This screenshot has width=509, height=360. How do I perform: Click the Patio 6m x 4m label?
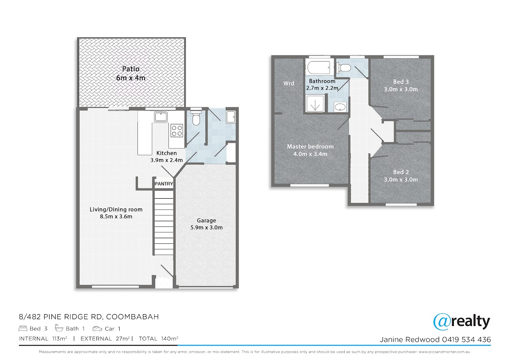coord(131,73)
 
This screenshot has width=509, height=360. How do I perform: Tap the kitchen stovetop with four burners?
coord(177,130)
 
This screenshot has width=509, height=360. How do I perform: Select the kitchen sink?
coord(161,117)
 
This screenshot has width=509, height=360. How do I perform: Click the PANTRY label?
coord(164,183)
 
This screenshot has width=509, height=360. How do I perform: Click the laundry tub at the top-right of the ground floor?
coord(231,117)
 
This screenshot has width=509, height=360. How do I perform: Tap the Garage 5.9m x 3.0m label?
coord(206,224)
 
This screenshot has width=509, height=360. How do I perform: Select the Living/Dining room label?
coord(116,213)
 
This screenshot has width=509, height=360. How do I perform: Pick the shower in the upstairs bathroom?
coord(315,104)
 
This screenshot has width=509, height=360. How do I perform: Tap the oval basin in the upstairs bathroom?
coord(340,107)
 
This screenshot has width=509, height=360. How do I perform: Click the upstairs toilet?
coord(344,67)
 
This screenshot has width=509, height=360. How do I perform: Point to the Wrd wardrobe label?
coord(288,84)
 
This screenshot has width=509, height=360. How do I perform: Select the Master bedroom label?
coord(310,150)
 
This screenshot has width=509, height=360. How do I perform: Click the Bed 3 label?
coord(401,85)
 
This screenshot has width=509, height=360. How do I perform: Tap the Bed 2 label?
coord(401,176)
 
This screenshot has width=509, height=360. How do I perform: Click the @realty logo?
coord(461,322)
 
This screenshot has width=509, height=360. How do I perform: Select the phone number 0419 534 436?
coord(466,340)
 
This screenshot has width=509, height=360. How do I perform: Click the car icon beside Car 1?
coord(97,329)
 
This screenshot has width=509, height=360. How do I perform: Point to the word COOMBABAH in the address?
coord(132,317)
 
